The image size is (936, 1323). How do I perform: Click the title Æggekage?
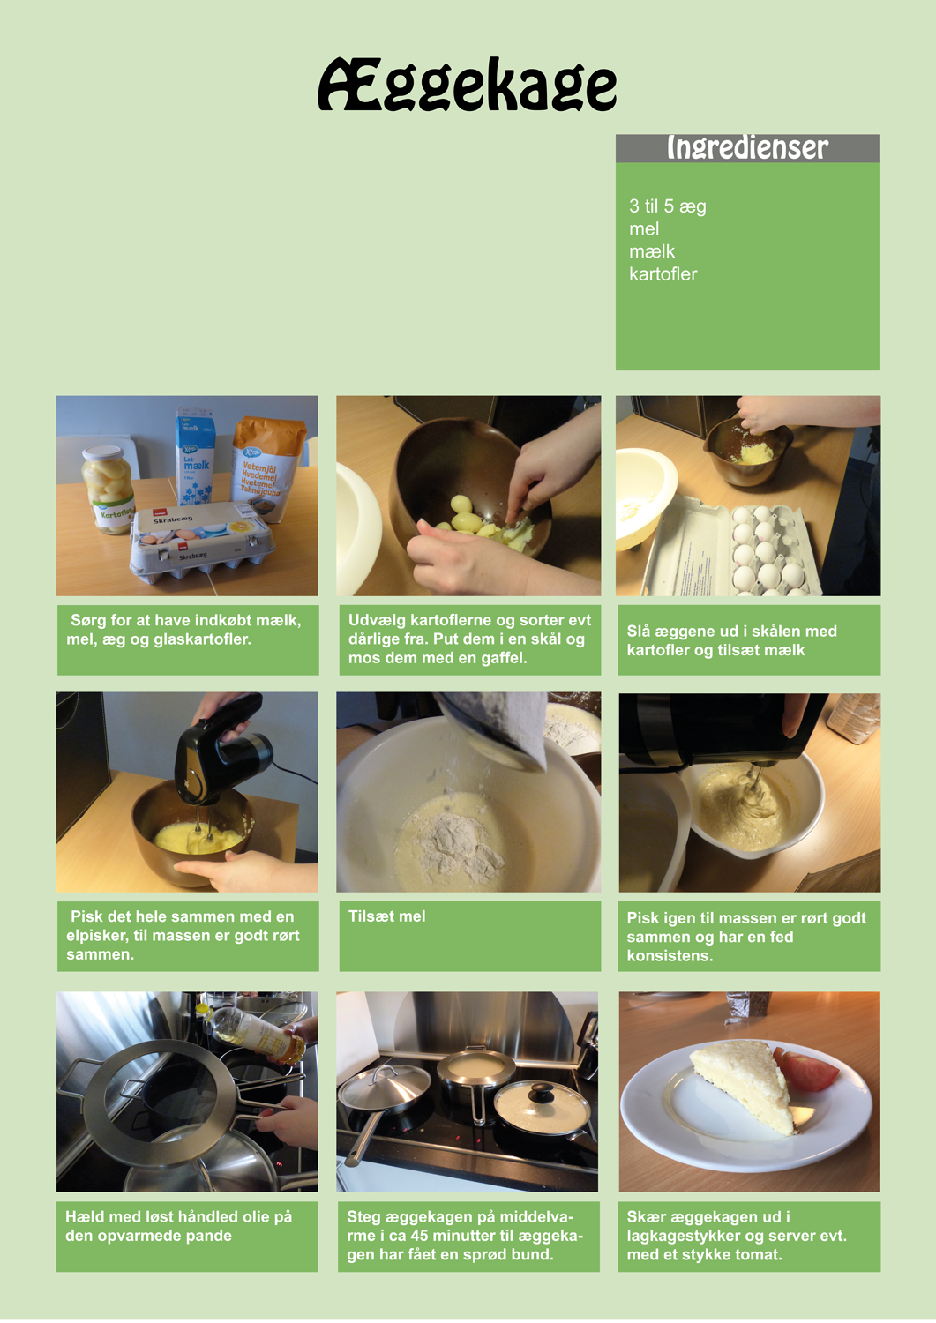[468, 85]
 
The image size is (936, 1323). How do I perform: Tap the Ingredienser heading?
[747, 147]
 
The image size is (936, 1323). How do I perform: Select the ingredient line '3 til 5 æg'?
[667, 206]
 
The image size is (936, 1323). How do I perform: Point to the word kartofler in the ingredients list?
[663, 274]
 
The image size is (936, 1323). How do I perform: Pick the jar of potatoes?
[108, 489]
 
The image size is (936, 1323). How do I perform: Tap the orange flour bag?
[267, 467]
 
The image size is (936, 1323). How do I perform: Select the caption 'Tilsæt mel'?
[386, 916]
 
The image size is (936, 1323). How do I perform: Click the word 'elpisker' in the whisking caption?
[94, 936]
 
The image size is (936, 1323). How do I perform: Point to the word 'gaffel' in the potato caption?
[505, 658]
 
